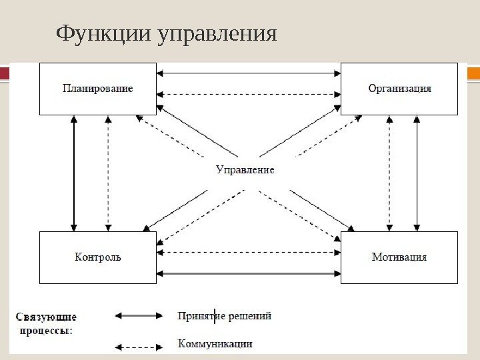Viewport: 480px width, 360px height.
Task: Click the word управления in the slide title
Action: coord(216,34)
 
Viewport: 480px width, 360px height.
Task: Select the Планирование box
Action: coord(98,89)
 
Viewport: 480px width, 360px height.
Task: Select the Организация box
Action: coord(399,89)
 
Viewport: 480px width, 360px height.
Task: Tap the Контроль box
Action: coord(98,257)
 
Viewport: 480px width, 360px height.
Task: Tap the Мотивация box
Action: coord(399,257)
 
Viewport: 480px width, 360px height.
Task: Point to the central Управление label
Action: coord(245,170)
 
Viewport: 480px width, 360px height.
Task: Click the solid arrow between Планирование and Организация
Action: coord(249,73)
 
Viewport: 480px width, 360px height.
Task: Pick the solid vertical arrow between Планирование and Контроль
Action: coord(74,173)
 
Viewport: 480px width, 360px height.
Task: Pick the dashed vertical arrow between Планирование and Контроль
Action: coord(108,173)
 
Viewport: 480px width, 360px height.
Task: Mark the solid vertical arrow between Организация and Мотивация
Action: coord(417,173)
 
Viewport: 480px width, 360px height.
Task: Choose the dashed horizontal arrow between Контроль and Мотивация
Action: coord(249,253)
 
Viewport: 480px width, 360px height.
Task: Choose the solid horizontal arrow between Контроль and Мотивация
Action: coord(249,273)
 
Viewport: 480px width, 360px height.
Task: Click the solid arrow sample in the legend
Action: coord(139,316)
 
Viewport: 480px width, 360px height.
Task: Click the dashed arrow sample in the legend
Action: coord(139,347)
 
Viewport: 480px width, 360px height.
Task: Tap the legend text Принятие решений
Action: coord(225,316)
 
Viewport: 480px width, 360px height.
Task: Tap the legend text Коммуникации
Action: coord(215,344)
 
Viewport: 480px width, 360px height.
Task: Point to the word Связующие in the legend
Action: coord(47,317)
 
